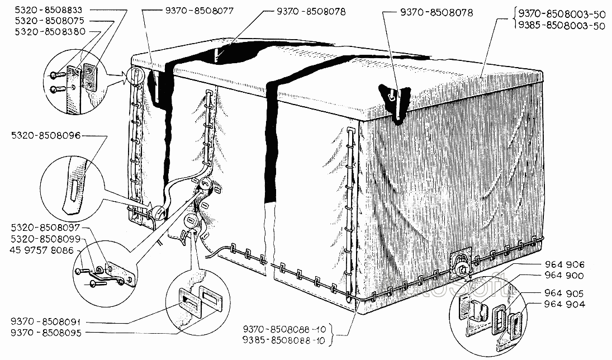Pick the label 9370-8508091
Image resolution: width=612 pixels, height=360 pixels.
tap(45, 321)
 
